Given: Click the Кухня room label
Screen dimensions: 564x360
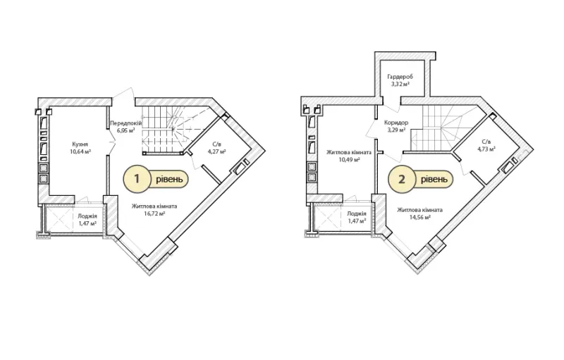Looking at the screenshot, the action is (x=80, y=144).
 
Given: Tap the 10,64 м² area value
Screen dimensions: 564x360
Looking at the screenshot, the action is (x=80, y=151).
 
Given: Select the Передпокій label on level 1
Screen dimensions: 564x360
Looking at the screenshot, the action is (x=126, y=123).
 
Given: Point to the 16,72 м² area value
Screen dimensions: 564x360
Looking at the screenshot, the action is (x=154, y=213).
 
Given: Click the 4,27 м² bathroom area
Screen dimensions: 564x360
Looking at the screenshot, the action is (x=216, y=151).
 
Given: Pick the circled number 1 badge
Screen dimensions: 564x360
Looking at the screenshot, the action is (x=137, y=178).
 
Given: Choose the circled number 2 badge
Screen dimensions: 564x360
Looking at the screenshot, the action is (x=401, y=179).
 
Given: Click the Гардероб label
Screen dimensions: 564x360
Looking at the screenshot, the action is (x=400, y=77).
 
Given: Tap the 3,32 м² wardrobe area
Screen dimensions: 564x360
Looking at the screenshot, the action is (x=400, y=84).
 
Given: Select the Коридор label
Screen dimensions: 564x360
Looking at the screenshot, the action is (x=396, y=123).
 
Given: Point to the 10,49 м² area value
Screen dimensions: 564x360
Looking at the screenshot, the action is (x=349, y=159).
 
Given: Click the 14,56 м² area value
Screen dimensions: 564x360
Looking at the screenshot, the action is (x=419, y=217).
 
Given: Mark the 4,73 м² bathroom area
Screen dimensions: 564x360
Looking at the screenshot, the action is (x=486, y=149).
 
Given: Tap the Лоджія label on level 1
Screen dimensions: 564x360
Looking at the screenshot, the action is (x=87, y=216).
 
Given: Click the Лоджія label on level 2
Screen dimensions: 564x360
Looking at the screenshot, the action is (x=357, y=213).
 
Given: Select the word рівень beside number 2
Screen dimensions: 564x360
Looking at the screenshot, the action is (x=434, y=179).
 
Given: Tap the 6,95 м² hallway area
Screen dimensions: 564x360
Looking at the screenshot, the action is (x=125, y=130).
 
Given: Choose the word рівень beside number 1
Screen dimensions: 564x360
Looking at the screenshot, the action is (x=169, y=178).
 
